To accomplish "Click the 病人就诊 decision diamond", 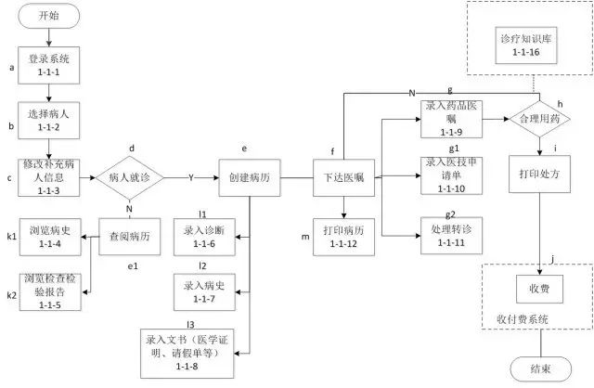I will [131, 175].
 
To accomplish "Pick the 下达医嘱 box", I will [342, 175].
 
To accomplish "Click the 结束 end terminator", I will [539, 369].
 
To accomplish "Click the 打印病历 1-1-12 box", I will [343, 238].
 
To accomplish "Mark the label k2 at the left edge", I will [11, 294].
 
